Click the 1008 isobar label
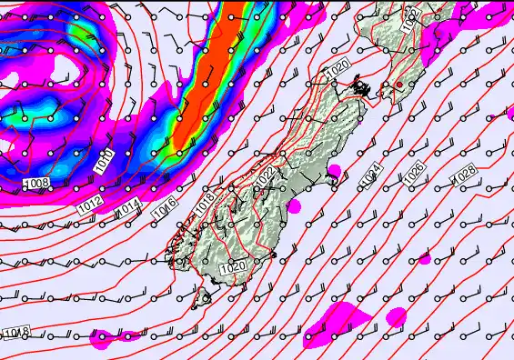point(35,185)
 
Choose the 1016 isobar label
point(165,208)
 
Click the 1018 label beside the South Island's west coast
point(204,198)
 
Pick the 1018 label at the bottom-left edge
point(15,334)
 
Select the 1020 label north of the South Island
point(337,67)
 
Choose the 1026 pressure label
point(415,169)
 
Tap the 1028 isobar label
point(465,172)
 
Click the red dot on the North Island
point(398,85)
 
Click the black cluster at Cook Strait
point(362,88)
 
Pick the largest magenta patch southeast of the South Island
point(337,320)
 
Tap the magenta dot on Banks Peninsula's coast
point(334,170)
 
